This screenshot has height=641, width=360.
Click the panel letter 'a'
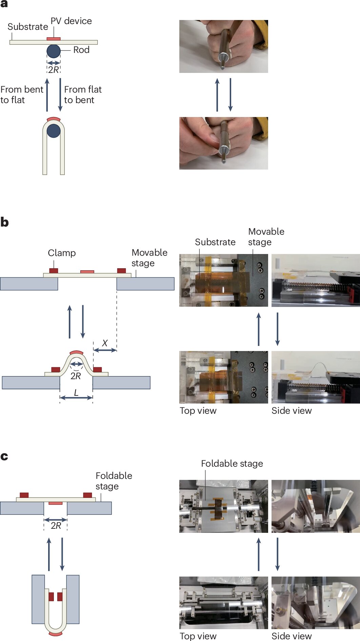coord(4,4)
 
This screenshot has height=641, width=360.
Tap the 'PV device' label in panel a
coord(71,21)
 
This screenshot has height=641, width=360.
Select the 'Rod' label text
coord(81,50)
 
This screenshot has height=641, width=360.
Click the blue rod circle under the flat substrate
coord(54,51)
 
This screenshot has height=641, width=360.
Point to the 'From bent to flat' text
coord(22,95)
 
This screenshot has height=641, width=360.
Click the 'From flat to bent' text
coord(83,95)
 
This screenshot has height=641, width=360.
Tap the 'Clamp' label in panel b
coord(62,253)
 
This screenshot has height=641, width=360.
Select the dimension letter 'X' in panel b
coord(105,343)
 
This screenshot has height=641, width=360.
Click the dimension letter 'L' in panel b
coord(76,393)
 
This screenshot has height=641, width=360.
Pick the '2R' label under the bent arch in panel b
coord(76,376)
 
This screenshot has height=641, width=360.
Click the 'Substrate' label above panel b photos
coord(215,242)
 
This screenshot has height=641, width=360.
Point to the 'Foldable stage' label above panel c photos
coord(232,464)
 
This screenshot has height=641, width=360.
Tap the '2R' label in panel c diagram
coord(56,526)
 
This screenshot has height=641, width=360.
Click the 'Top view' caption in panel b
coord(198,411)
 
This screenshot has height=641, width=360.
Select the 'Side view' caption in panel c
coord(292,636)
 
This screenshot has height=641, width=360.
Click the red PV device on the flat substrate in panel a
coord(54,39)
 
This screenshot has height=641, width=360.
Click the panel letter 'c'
coord(4,457)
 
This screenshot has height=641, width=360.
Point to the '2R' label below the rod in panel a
coord(54,70)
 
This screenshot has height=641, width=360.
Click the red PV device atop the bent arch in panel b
coord(76,353)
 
